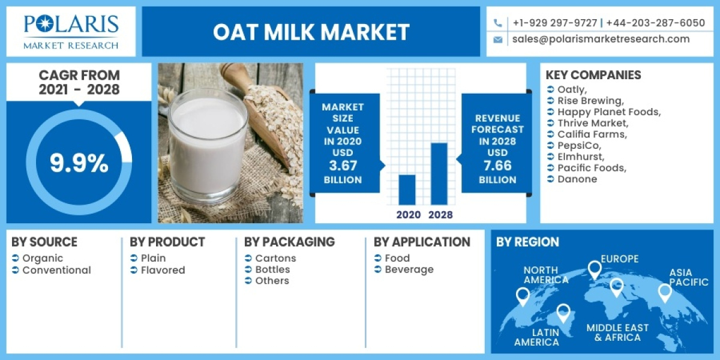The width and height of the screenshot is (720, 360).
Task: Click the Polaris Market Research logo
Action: [x=71, y=31]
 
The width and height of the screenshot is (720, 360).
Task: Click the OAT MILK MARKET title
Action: [x=311, y=32]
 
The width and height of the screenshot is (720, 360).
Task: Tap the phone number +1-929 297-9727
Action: [x=554, y=23]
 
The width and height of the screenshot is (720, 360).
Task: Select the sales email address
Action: [x=601, y=39]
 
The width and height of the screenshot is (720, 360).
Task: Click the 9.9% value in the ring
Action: [x=79, y=163]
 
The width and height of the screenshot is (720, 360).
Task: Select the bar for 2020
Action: [x=407, y=189]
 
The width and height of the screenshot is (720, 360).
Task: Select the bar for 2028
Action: [x=439, y=173]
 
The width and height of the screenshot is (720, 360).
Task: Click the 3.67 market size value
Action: [x=343, y=166]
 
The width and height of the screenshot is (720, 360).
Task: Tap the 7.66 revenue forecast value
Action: [x=497, y=166]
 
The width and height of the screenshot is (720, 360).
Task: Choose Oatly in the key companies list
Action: [x=572, y=89]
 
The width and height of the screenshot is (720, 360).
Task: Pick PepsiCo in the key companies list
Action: [x=579, y=145]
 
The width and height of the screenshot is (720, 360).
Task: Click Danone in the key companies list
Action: [x=577, y=179]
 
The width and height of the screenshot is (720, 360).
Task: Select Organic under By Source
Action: [x=43, y=258]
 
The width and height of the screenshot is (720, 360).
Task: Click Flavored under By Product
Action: [x=163, y=270]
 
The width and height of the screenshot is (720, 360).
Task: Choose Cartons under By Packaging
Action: [x=275, y=258]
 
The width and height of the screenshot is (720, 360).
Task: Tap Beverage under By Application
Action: [x=409, y=269]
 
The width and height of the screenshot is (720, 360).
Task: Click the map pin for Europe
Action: [x=594, y=269]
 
